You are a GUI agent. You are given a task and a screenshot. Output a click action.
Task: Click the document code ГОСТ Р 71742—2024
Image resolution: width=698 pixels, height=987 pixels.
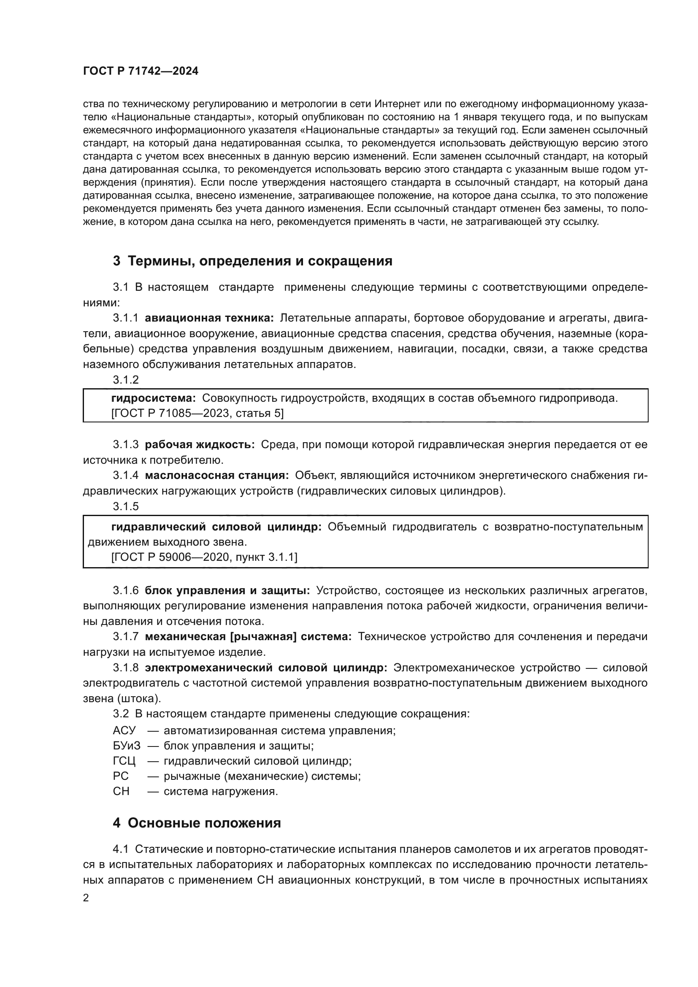click(141, 71)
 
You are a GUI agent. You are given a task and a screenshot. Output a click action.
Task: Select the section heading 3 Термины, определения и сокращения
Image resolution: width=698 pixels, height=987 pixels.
click(252, 261)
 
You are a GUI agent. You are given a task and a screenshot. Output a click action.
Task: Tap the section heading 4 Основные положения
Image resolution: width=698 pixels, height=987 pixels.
click(196, 823)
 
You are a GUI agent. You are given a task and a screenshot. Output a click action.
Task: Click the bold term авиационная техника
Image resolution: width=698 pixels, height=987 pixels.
click(209, 318)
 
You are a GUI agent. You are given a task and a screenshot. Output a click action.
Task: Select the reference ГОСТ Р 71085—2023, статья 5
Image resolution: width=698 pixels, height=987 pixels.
click(197, 414)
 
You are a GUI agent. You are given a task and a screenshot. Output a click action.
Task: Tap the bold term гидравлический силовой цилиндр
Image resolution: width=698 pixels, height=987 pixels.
click(216, 527)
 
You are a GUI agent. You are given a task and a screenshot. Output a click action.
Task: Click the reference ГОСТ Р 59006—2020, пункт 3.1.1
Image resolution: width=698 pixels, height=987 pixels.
click(204, 557)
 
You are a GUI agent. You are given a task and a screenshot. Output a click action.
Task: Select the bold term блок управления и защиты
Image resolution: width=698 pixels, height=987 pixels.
click(227, 591)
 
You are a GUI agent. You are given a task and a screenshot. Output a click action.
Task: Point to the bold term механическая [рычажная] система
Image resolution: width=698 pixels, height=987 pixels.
click(248, 637)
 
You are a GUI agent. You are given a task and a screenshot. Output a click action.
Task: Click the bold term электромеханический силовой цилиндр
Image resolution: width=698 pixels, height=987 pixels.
click(266, 668)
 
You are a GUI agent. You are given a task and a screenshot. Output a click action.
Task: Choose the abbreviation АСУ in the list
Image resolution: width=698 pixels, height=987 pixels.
click(124, 730)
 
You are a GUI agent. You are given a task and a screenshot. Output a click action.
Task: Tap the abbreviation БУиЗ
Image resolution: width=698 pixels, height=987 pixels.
click(126, 746)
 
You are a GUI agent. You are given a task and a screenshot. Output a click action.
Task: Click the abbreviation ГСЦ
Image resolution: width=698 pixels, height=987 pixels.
click(124, 761)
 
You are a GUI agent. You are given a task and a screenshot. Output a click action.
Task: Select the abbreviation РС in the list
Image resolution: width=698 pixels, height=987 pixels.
click(121, 776)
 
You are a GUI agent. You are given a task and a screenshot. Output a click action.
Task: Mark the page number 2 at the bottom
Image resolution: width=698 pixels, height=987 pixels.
click(86, 898)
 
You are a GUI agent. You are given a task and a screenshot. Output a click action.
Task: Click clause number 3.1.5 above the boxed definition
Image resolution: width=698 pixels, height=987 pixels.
click(126, 506)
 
